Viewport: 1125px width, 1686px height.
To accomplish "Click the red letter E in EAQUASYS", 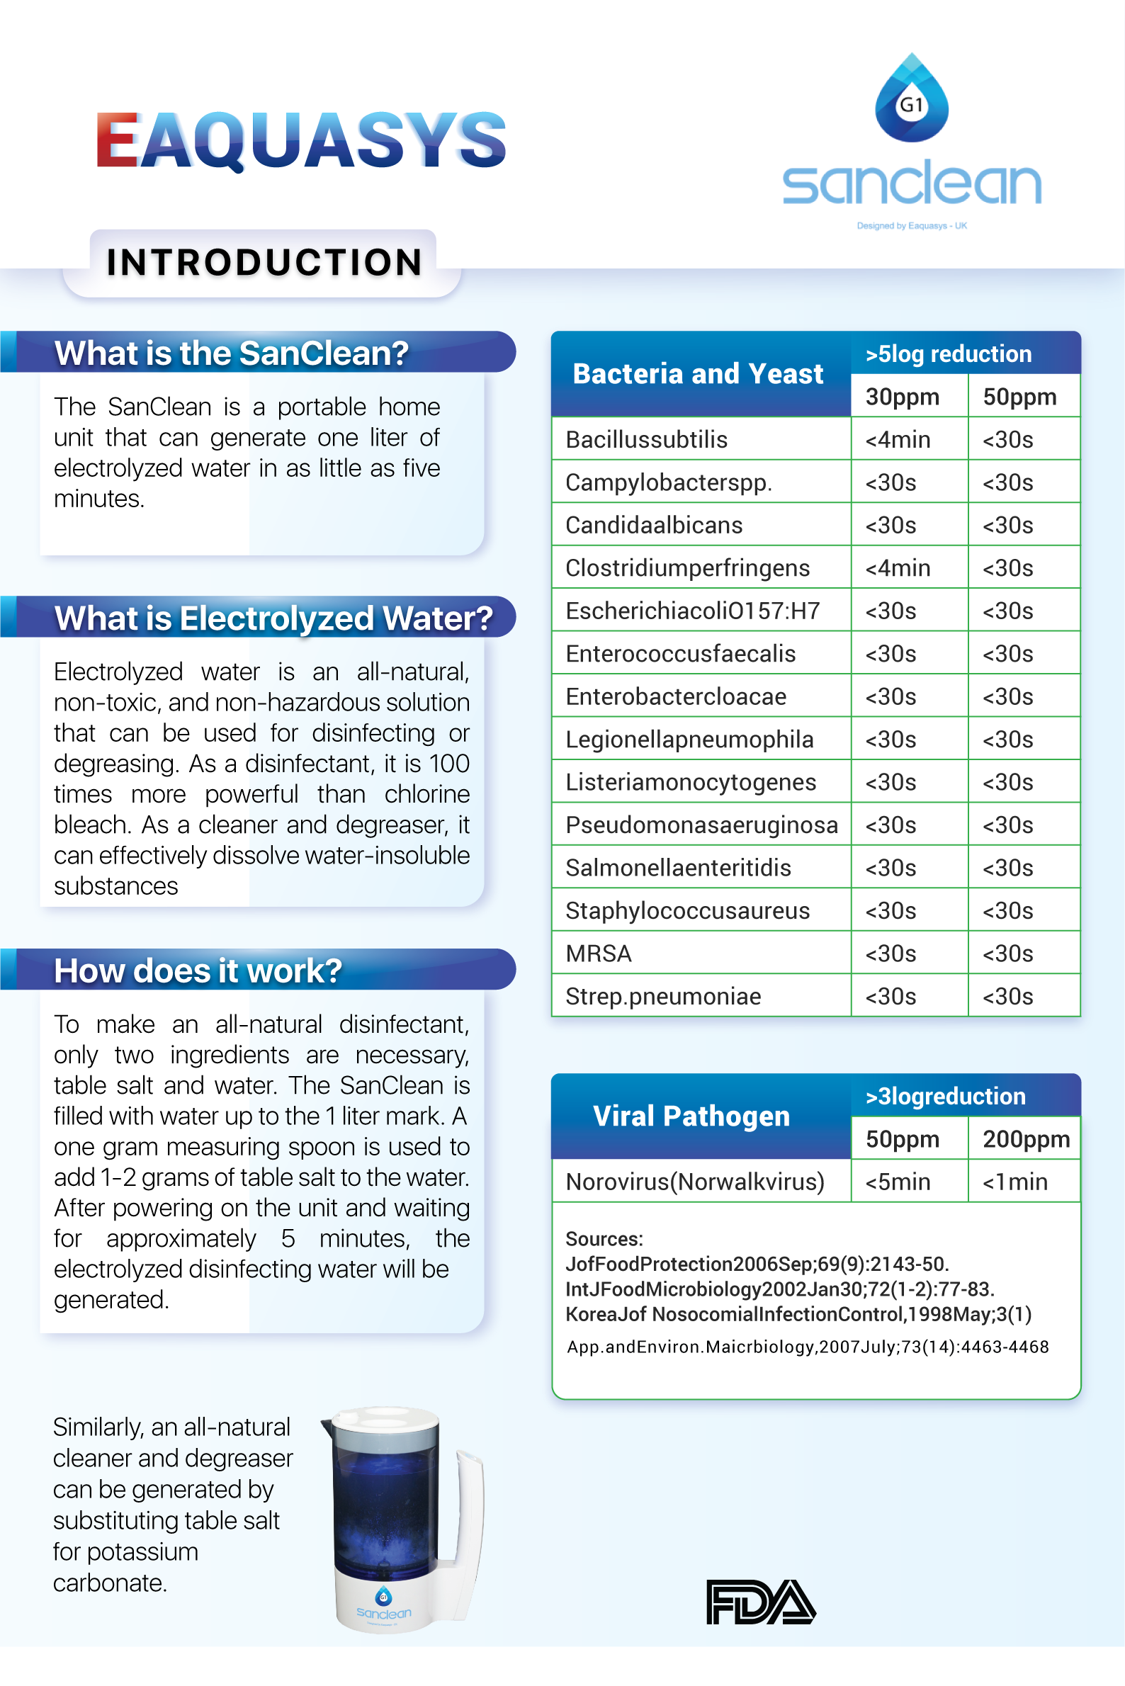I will pos(117,139).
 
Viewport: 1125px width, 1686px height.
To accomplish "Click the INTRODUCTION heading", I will pos(264,263).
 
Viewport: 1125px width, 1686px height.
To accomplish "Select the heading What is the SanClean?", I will pos(231,353).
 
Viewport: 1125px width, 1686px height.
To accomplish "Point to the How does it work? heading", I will pos(198,971).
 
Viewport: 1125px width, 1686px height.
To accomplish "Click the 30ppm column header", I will pos(902,397).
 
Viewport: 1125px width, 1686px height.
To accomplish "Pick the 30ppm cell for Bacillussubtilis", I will pos(898,440).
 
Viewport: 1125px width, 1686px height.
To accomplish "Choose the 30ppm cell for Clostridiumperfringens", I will pos(898,568).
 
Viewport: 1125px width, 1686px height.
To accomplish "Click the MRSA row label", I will pos(599,954).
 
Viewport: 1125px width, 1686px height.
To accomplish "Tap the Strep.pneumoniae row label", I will pos(663,997).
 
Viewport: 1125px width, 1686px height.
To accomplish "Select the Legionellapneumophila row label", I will pos(689,740).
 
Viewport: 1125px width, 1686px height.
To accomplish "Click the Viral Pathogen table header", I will pos(691,1116).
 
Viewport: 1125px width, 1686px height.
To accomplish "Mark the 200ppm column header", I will pos(1026,1139).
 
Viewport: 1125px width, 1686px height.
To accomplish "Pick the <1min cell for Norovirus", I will pos(1014,1182).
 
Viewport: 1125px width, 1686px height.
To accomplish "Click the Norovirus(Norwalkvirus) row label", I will pos(694,1182).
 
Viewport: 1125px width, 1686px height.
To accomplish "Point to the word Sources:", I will pos(604,1239).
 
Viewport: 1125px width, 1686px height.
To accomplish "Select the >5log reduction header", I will pos(948,353).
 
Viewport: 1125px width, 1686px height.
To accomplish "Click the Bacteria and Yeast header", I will pos(697,374).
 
